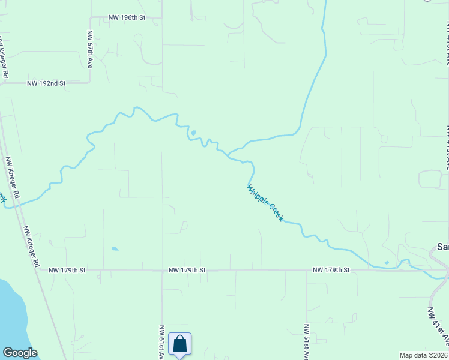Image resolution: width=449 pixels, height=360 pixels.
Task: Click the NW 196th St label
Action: click(x=127, y=18)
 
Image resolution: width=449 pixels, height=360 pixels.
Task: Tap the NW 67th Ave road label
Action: click(x=90, y=49)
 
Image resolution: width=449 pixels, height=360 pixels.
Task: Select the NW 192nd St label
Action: click(x=46, y=83)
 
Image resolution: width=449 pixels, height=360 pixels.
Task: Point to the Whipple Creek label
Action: click(x=265, y=203)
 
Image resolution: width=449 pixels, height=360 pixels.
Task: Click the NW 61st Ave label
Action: click(x=162, y=342)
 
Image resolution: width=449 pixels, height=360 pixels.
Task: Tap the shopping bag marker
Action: click(x=179, y=344)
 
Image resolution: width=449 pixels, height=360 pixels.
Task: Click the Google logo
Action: click(x=20, y=353)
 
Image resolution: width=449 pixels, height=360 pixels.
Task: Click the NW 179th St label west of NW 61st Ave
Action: click(x=67, y=271)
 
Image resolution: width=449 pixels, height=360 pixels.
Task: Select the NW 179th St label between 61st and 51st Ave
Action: click(x=187, y=271)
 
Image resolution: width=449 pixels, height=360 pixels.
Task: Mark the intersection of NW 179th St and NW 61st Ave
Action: click(x=162, y=271)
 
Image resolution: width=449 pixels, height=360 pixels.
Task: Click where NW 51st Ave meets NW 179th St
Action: click(x=307, y=271)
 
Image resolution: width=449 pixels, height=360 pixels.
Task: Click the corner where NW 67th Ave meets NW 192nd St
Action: click(x=90, y=83)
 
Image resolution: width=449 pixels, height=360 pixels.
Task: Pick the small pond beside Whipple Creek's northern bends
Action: click(x=193, y=133)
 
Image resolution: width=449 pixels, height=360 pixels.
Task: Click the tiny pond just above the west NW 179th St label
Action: click(x=114, y=248)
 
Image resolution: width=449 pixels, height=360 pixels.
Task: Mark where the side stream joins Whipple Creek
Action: click(x=229, y=154)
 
